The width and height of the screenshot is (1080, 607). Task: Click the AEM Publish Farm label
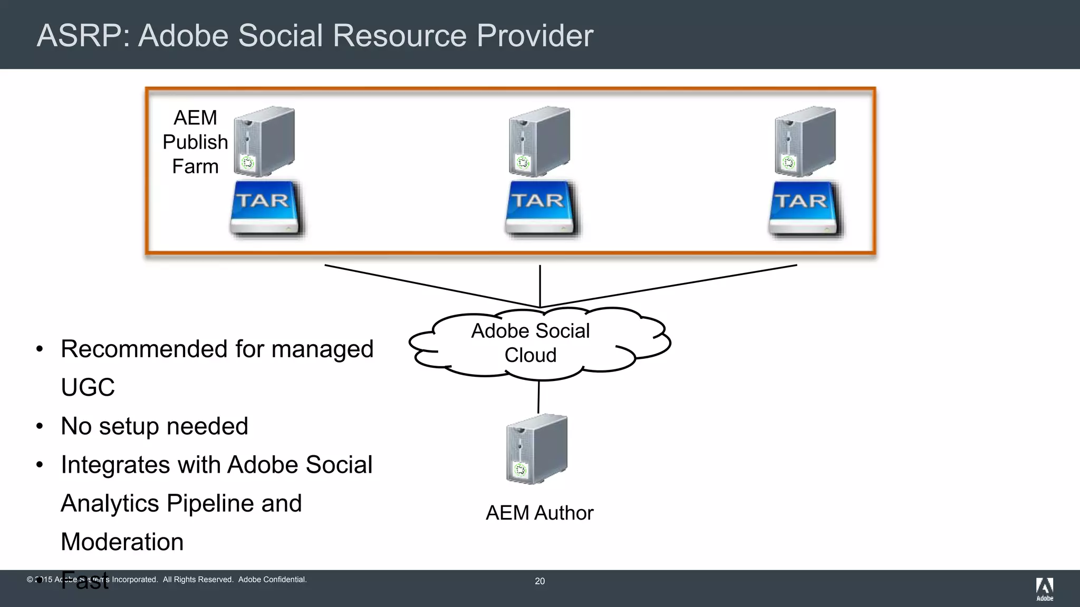(x=195, y=142)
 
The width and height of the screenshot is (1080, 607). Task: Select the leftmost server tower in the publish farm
(x=264, y=141)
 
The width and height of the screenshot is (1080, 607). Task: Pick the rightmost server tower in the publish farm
(x=805, y=141)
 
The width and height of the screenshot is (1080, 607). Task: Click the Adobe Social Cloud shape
(x=531, y=343)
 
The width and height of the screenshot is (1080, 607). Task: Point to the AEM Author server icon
(x=536, y=449)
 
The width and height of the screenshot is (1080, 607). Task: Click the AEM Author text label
(x=539, y=513)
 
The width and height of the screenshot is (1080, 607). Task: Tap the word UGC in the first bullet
(x=88, y=387)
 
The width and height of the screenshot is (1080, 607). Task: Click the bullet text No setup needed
(x=154, y=426)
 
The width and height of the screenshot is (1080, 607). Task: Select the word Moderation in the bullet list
(x=122, y=542)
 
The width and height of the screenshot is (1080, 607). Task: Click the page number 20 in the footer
(x=539, y=581)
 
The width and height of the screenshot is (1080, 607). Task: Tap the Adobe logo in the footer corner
(x=1044, y=589)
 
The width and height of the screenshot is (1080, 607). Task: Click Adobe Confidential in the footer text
(x=272, y=580)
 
